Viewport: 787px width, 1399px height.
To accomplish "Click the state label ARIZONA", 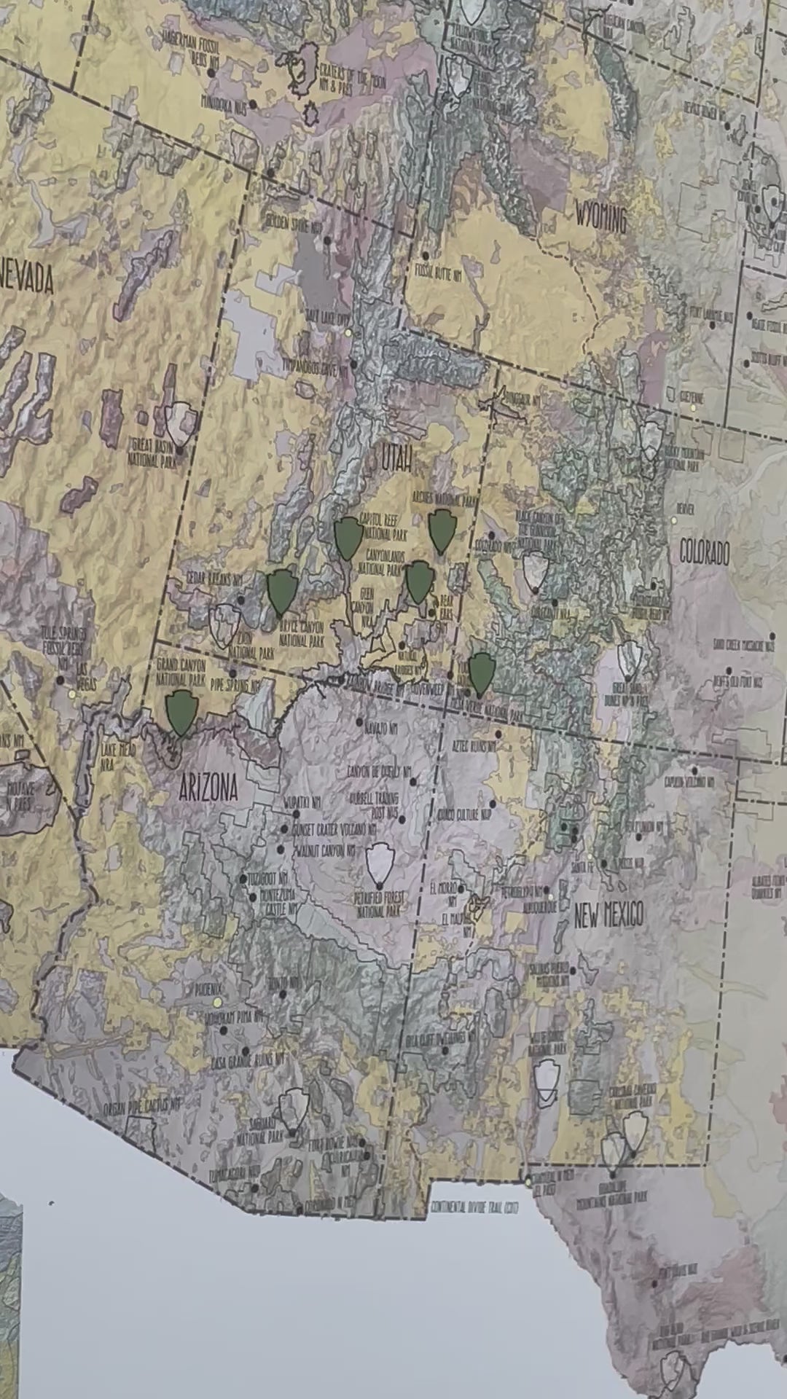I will [x=208, y=788].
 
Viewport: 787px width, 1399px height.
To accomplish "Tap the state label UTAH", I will [x=398, y=458].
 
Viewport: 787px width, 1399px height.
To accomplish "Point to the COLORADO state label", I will [x=704, y=553].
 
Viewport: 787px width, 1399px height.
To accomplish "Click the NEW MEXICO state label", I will [x=608, y=914].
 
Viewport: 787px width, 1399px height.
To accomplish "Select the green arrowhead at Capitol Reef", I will [x=348, y=537].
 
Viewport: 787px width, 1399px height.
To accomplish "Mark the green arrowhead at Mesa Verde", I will [x=481, y=673].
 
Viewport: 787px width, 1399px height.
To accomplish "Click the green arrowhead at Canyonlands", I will [x=419, y=581].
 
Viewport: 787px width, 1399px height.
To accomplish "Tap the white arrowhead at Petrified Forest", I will [x=380, y=863].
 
